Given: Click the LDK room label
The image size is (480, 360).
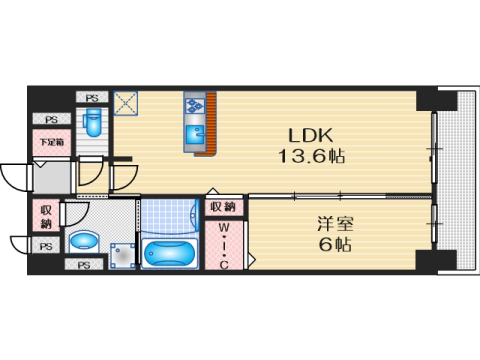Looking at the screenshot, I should [305, 135].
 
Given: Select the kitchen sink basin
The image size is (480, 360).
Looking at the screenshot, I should [193, 129].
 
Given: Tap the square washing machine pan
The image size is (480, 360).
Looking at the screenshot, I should [123, 254].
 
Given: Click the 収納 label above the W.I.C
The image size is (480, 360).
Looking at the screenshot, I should [223, 207].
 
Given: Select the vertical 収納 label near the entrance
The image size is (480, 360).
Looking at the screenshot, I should [46, 217].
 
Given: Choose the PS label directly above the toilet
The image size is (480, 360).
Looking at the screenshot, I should [93, 97].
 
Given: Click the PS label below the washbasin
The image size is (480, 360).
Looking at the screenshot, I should [84, 265].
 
